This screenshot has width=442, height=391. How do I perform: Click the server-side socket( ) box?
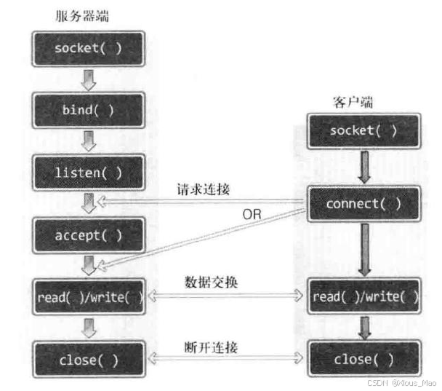(x=89, y=49)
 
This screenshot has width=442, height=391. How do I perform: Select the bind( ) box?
(x=89, y=110)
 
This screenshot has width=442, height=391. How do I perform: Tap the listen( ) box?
(x=89, y=173)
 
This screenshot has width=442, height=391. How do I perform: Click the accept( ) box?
(x=89, y=235)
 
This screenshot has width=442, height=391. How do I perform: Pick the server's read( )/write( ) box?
(x=89, y=296)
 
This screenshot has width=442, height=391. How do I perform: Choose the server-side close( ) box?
(x=89, y=360)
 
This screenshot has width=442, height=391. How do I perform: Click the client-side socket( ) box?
(x=364, y=131)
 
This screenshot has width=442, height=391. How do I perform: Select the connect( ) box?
(x=364, y=204)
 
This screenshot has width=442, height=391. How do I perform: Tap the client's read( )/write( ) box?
(x=364, y=296)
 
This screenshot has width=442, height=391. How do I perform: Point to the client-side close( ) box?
(x=364, y=359)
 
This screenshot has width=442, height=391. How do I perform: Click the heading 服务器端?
(x=82, y=16)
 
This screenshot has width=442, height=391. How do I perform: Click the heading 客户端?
(x=353, y=102)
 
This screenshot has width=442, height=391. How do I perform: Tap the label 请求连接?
(x=204, y=189)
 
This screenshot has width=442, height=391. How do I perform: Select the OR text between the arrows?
(x=252, y=214)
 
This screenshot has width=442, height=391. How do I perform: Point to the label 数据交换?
(x=211, y=282)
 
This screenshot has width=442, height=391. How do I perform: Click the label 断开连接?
(x=211, y=347)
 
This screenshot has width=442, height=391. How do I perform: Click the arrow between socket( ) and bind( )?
(x=89, y=80)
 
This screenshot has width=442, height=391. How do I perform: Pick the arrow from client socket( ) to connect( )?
(x=364, y=167)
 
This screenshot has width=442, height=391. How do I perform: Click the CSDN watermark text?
(x=402, y=383)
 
